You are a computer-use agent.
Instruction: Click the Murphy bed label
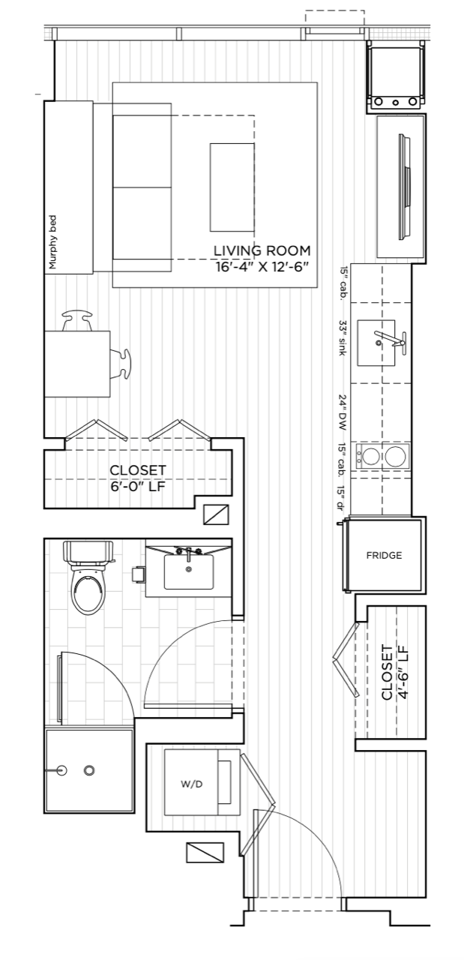click(53, 242)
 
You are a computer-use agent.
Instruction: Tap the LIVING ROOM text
click(262, 250)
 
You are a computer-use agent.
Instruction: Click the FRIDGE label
click(384, 556)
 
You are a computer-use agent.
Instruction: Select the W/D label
click(191, 784)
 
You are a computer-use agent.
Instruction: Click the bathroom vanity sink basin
click(188, 571)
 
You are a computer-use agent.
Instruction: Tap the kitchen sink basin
click(376, 343)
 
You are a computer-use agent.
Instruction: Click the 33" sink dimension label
click(343, 338)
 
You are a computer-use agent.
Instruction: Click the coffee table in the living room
click(232, 187)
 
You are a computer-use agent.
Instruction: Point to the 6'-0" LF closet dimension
click(137, 487)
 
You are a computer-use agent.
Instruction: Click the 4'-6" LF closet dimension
click(403, 673)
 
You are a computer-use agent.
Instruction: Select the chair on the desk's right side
click(121, 364)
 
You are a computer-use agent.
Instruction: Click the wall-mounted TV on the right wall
click(405, 187)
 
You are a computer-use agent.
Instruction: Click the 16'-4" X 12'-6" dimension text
click(262, 267)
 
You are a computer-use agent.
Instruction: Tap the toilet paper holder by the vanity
click(139, 574)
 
